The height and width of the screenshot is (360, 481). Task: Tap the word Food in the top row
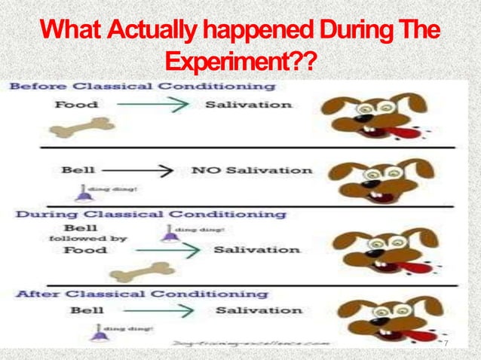(x=75, y=105)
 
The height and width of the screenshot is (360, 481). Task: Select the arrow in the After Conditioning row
(x=164, y=310)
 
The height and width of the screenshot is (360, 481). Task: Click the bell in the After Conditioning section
(x=98, y=331)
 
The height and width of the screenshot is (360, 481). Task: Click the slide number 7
(x=446, y=344)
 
